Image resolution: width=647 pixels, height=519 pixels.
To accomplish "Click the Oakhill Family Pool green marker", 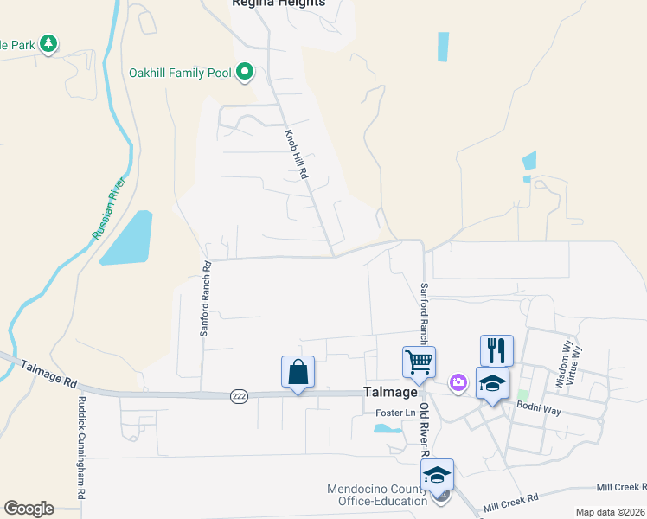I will tap(245, 73).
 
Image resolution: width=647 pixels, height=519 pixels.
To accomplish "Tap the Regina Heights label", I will tap(279, 3).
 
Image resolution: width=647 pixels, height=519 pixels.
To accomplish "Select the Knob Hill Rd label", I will tap(297, 155).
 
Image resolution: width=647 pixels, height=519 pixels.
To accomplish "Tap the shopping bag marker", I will tap(298, 372).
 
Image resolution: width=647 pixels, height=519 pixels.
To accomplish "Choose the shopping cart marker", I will tap(419, 362).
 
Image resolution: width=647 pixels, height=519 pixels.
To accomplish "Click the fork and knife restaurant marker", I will tap(496, 350).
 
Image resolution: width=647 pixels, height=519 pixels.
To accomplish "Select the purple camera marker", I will tap(458, 381).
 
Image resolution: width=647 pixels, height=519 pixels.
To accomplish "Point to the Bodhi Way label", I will tap(538, 405).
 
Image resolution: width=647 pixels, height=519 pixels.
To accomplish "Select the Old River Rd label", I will tap(425, 430).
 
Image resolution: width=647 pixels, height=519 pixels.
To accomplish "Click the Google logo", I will tap(29, 509).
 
